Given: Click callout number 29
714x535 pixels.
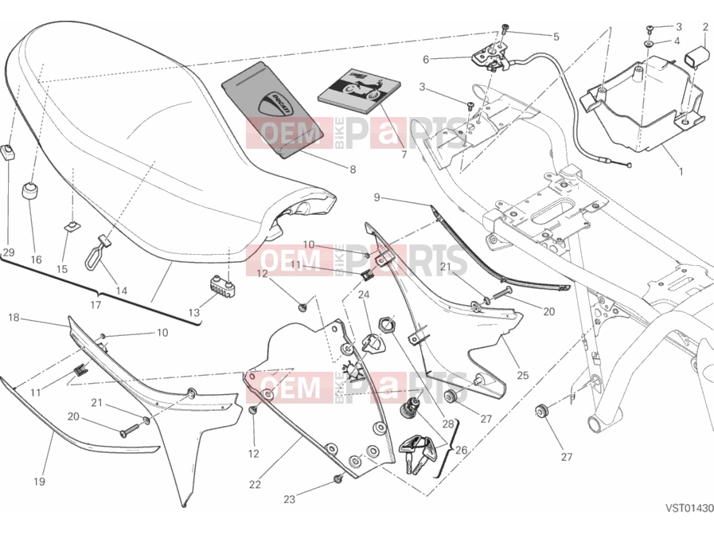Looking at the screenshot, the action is (9, 252).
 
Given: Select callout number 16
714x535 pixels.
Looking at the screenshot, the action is (36, 260).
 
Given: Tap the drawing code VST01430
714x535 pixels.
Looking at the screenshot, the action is (689, 508).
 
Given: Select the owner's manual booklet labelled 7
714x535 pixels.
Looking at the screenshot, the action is (360, 92).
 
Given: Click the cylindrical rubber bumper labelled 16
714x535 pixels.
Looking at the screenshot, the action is (31, 190).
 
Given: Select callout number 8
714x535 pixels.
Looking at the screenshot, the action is (353, 170).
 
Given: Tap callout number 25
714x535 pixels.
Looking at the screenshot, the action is (523, 375).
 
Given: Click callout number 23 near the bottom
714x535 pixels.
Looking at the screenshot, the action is (289, 499).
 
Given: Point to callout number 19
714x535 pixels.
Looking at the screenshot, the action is (39, 482).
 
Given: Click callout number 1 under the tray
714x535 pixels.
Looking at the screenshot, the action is (681, 172).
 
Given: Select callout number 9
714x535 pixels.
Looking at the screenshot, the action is (377, 197).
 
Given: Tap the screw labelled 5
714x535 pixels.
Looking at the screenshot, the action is (505, 29).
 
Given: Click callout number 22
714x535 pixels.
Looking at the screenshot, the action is (255, 485).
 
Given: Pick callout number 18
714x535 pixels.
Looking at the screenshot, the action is (14, 318).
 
